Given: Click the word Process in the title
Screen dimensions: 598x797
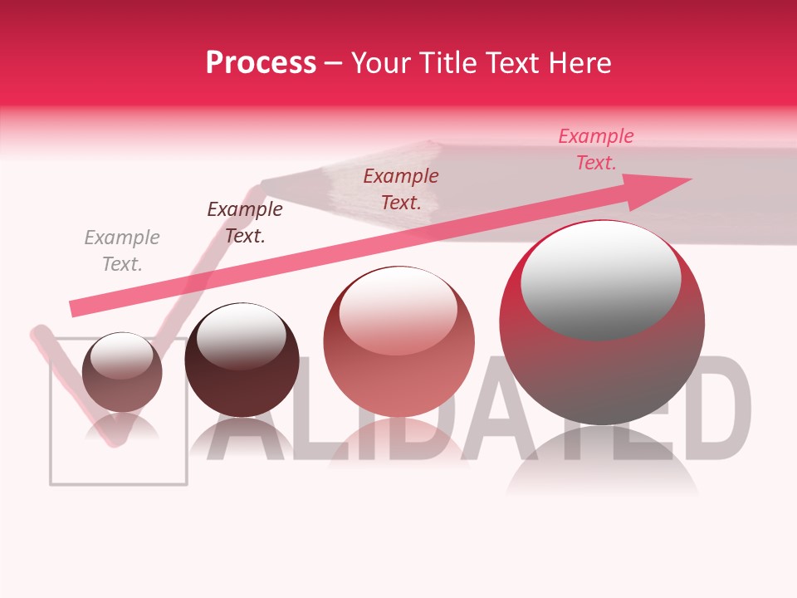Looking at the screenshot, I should pos(261,63).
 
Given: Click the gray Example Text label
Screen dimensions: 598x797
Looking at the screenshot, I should pos(122,251).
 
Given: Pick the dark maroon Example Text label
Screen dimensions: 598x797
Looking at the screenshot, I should pos(245,222).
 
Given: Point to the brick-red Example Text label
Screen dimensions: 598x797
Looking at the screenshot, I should pos(401,189).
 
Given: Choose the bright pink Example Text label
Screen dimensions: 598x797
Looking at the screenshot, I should pos(595,149).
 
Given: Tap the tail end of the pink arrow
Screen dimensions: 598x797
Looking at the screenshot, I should pos(75,308).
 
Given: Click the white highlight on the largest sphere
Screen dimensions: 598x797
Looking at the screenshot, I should pos(600,278).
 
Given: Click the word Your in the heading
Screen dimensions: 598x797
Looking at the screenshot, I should pos(380,63).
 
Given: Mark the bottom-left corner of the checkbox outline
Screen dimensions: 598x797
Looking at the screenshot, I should pos(51,483).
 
